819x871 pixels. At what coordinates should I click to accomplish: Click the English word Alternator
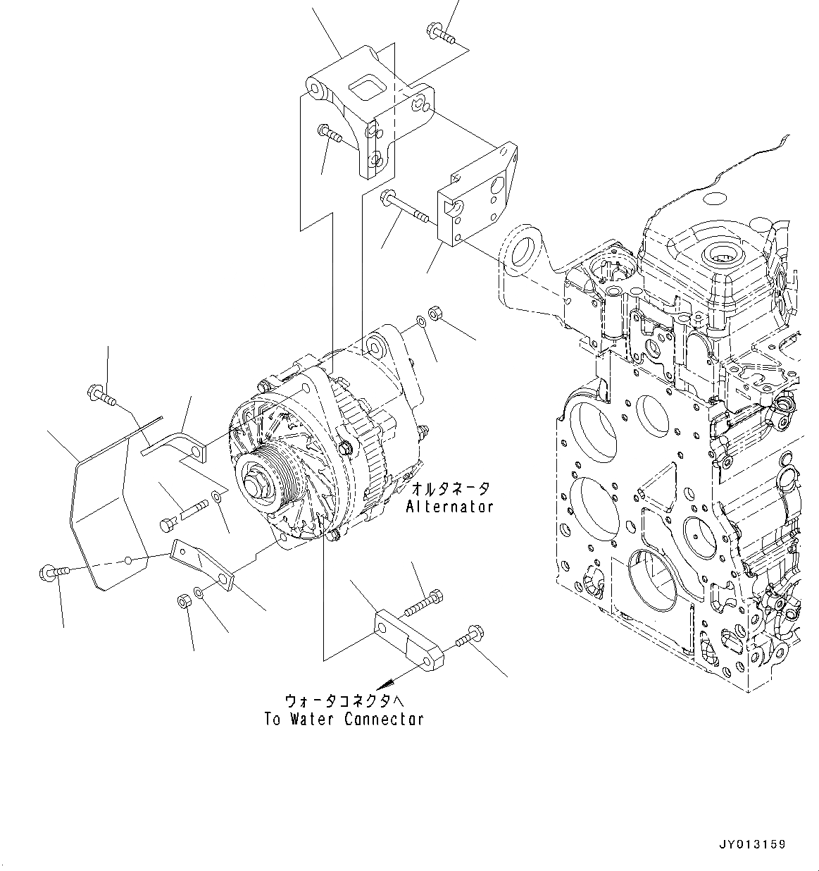pos(449,506)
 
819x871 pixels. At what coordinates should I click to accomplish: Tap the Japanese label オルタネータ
pos(450,488)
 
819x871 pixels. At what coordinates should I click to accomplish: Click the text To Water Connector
pos(344,719)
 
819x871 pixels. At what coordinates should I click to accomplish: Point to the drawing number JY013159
pos(752,844)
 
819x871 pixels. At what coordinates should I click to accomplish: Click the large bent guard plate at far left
pos(99,521)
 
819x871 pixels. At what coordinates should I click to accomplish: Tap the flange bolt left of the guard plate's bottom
pos(52,571)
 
